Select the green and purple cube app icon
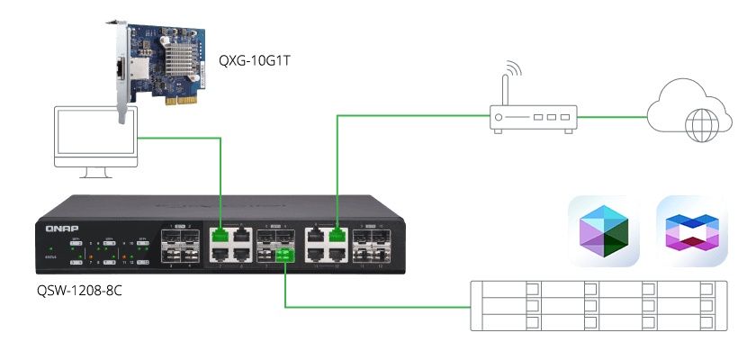tap(603, 231)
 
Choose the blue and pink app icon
tap(691, 231)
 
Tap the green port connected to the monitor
tap(220, 237)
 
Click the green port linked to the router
tap(337, 237)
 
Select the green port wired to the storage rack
tap(284, 257)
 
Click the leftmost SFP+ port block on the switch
tap(183, 246)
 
